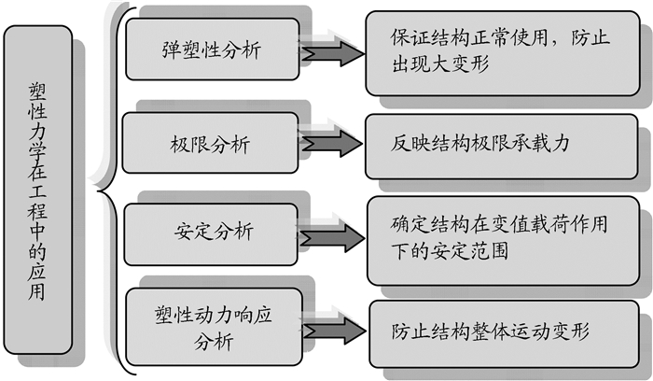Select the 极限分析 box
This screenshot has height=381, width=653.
point(211,144)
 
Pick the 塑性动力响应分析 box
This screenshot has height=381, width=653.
point(211,328)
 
